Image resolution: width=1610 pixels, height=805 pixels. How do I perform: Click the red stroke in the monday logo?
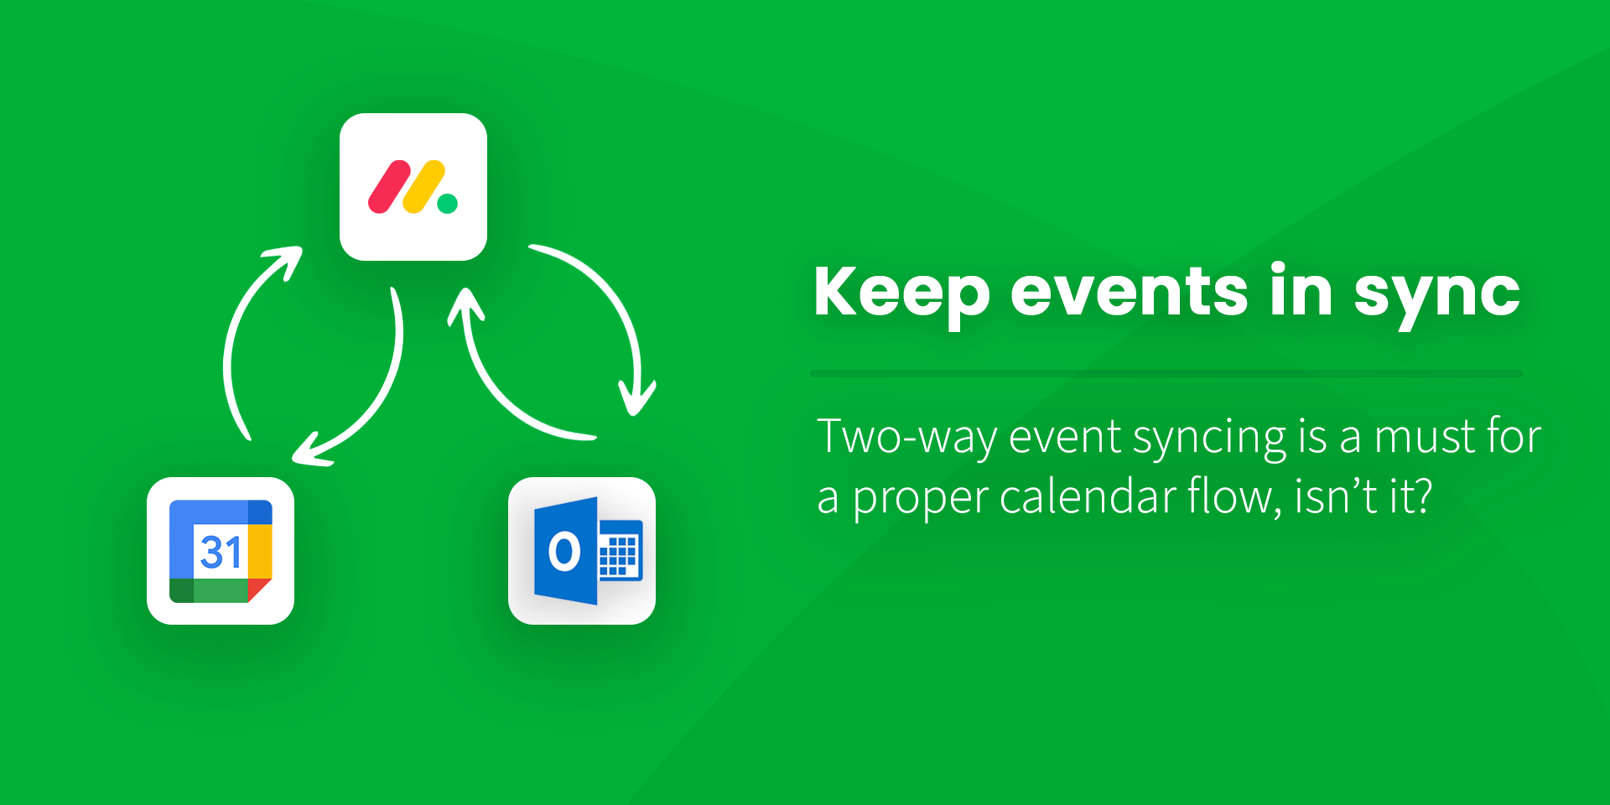click(389, 187)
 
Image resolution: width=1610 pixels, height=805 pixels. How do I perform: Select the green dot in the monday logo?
click(448, 204)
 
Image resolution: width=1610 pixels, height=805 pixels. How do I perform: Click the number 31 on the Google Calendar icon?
click(221, 552)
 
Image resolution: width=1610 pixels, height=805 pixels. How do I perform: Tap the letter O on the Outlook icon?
click(563, 552)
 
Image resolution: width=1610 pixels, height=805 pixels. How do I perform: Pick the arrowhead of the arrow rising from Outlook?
click(466, 307)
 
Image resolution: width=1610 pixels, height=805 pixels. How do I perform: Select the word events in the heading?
click(1130, 292)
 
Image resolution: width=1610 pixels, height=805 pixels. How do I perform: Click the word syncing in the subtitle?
click(1210, 439)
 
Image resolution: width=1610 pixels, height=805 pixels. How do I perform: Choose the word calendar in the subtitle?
click(1087, 496)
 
